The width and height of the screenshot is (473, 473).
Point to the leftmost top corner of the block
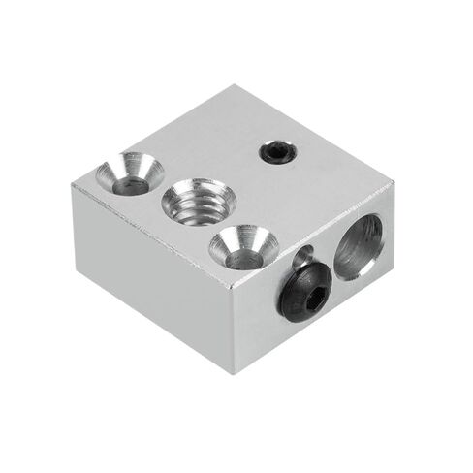(74, 184)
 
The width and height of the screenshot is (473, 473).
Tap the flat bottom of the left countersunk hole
(130, 181)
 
